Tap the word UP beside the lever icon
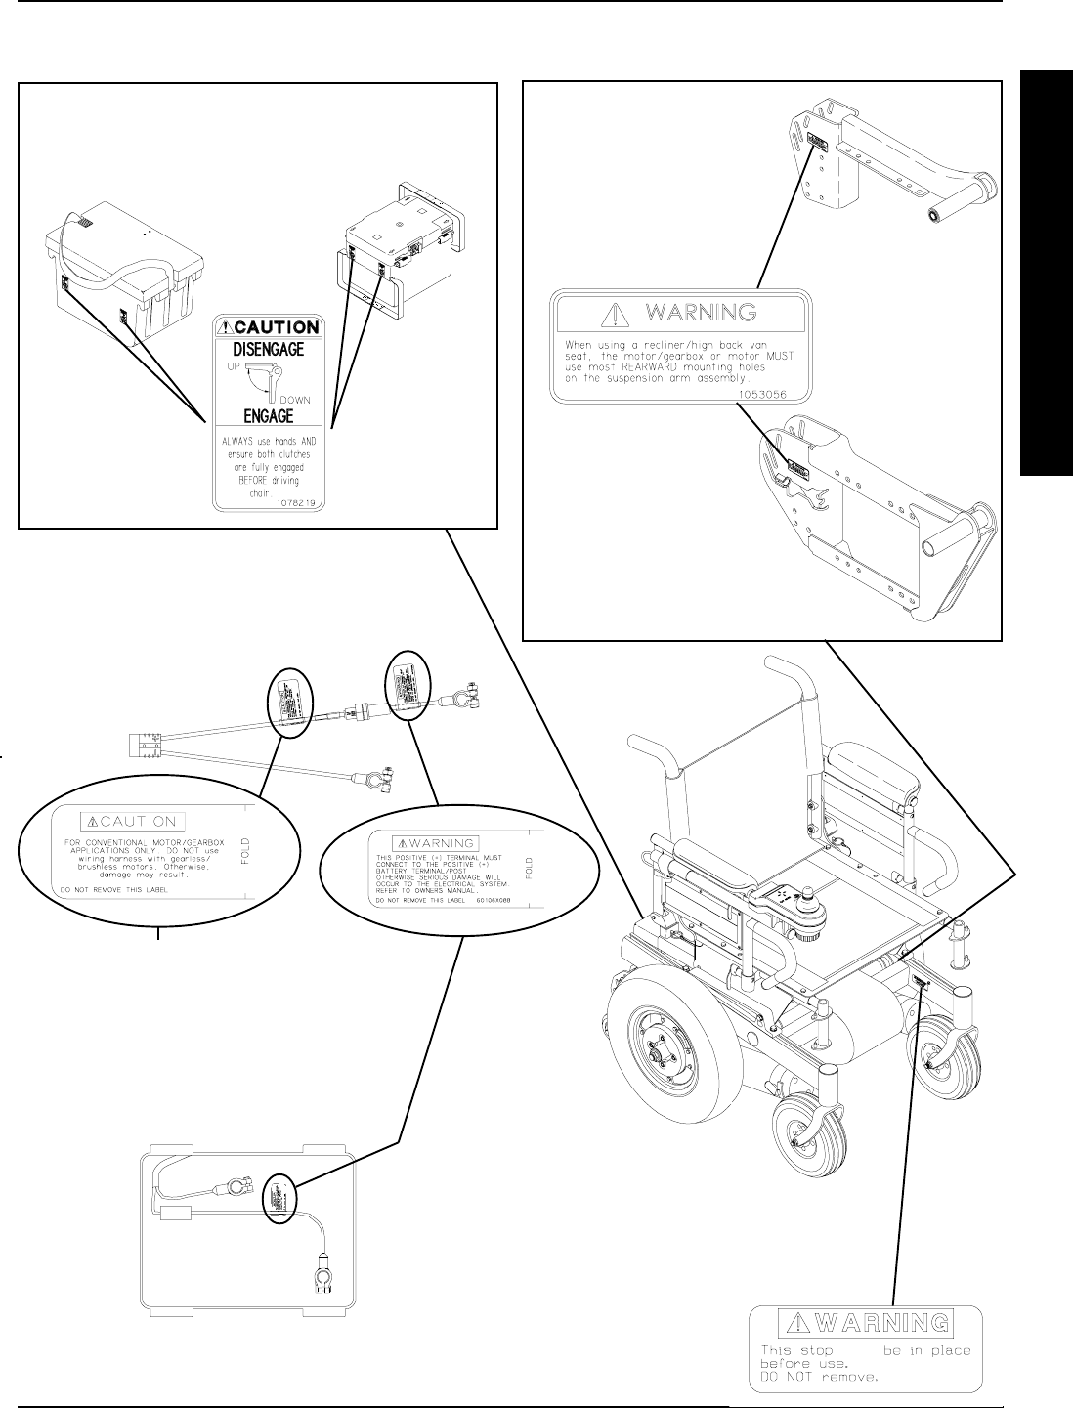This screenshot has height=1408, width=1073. (x=234, y=365)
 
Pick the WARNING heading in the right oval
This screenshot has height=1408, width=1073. (x=435, y=842)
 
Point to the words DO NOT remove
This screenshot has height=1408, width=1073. (x=820, y=1378)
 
